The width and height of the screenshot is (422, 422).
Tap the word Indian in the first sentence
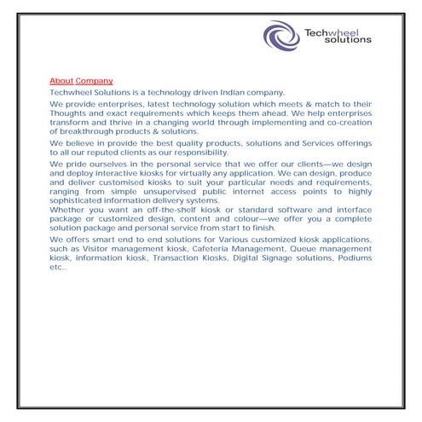pyautogui.click(x=226, y=91)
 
